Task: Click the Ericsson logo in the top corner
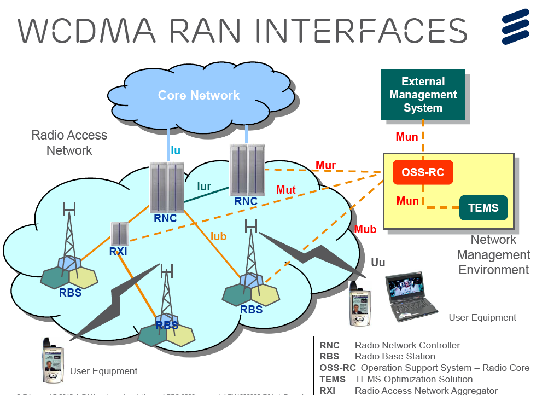tap(515, 27)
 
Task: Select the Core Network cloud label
tap(199, 95)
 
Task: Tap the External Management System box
tap(423, 95)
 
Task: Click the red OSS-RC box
tap(423, 173)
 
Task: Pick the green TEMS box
tap(483, 208)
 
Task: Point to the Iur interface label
tap(204, 187)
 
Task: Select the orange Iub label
tap(218, 236)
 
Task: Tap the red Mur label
tap(325, 166)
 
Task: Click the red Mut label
tap(285, 190)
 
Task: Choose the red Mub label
tap(365, 229)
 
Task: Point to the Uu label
tap(378, 263)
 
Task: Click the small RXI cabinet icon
tap(119, 234)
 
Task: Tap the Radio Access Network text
tap(69, 142)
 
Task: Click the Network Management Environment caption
tap(493, 255)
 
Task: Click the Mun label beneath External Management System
tap(407, 137)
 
